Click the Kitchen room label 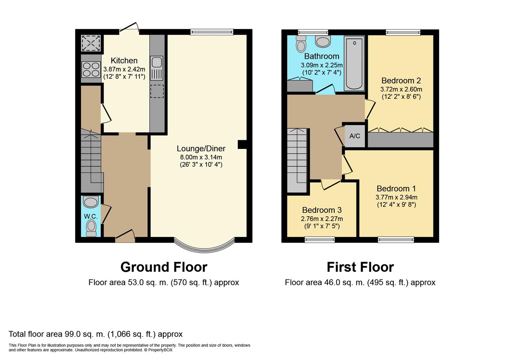[124, 61]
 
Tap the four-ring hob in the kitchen [91, 70]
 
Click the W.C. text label [91, 216]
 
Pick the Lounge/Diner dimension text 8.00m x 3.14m [201, 157]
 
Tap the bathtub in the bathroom [354, 64]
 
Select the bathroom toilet [301, 44]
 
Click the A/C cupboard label [355, 136]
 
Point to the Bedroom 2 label [401, 81]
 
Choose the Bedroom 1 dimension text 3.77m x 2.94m [397, 197]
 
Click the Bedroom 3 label [322, 210]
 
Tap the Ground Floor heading [164, 267]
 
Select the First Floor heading [360, 267]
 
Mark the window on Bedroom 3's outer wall [320, 240]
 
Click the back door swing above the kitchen [129, 27]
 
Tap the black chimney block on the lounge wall [242, 145]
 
